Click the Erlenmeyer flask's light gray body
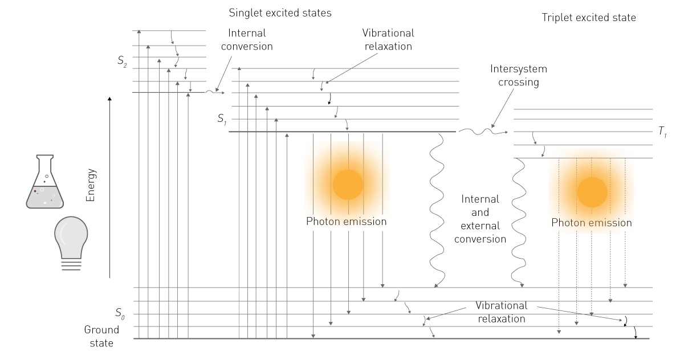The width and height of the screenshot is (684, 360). pos(44,198)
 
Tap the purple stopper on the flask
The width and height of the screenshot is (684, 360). pos(48,182)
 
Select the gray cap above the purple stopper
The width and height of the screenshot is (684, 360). pos(48,177)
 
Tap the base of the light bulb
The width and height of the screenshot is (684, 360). pos(71,253)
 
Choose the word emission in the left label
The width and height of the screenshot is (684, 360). pos(365,222)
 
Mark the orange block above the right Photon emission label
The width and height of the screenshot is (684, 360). pos(593,182)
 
